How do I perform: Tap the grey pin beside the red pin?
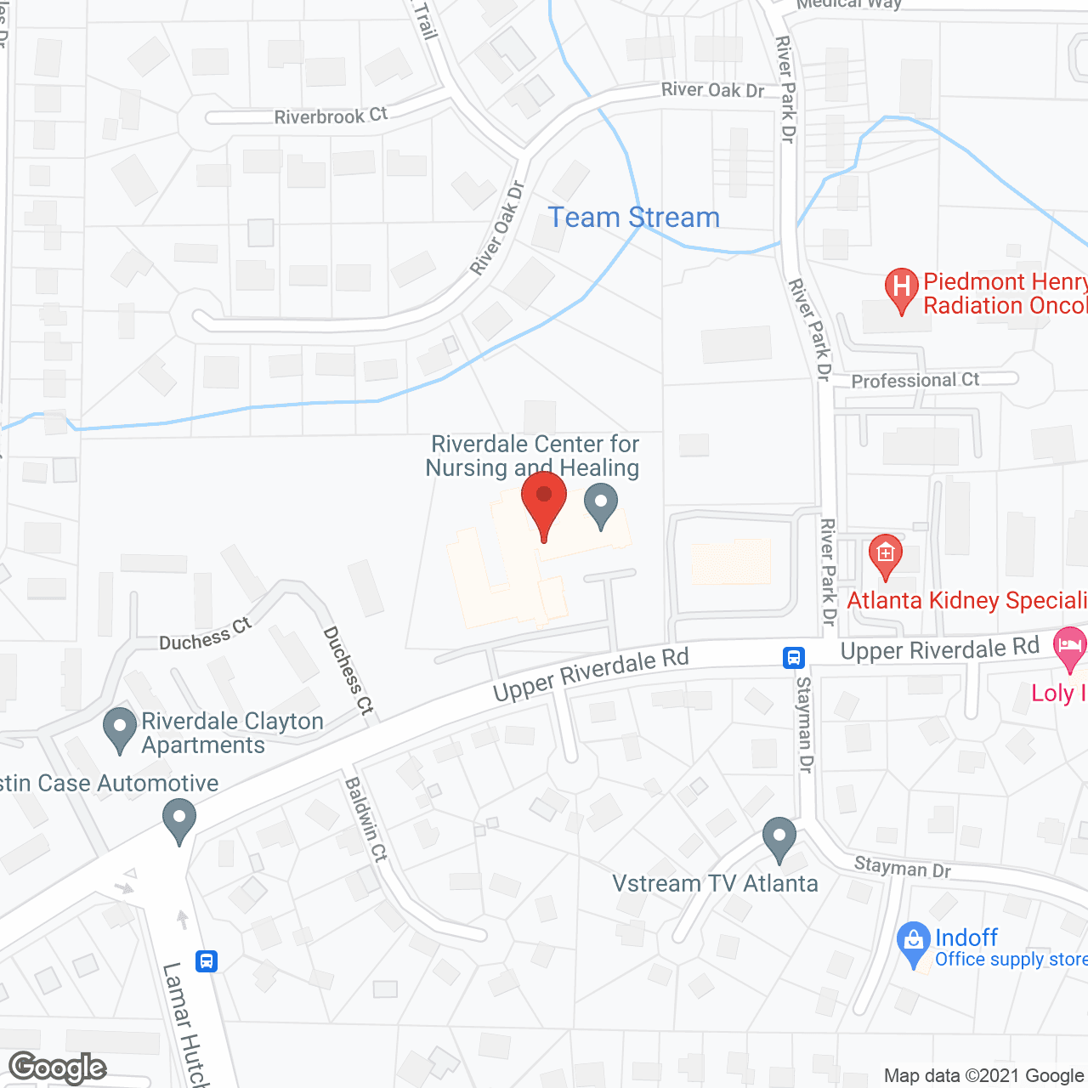click(x=601, y=504)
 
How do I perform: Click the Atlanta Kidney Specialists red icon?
click(x=886, y=555)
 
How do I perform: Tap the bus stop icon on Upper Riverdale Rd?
click(x=794, y=657)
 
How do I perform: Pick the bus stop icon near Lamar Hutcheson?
click(x=207, y=961)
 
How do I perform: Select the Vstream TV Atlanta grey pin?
click(x=779, y=838)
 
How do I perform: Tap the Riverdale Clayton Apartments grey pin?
click(x=120, y=728)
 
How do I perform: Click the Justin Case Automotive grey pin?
click(x=179, y=821)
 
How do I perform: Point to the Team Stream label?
click(x=633, y=218)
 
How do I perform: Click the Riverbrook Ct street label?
click(x=331, y=116)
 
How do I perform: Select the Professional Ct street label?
click(x=915, y=380)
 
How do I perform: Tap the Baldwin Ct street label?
click(x=366, y=819)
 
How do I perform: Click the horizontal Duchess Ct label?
click(x=206, y=635)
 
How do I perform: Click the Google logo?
click(x=58, y=1068)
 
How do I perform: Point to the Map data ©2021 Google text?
click(x=984, y=1076)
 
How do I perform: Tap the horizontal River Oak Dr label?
click(x=712, y=90)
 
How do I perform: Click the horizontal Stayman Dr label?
click(x=902, y=868)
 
